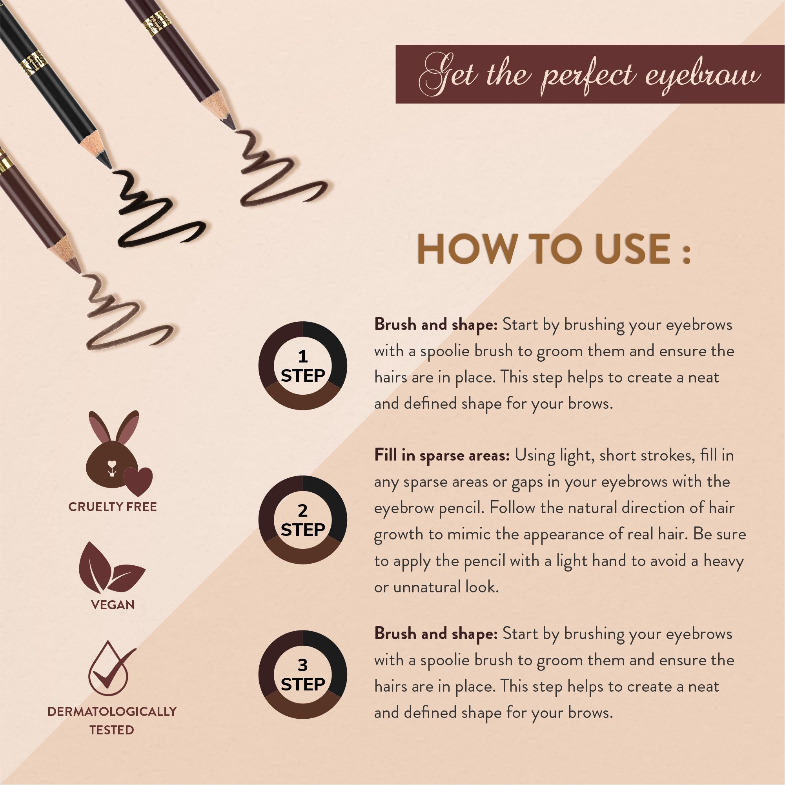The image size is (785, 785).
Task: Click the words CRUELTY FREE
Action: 113,507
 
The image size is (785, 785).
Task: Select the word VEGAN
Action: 113,605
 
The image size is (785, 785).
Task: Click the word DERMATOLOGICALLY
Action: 112,712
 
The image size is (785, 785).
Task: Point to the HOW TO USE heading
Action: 554,249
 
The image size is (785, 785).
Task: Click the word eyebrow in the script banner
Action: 703,76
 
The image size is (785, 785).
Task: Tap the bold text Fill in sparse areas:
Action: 442,455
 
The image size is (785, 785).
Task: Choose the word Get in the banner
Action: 447,76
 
